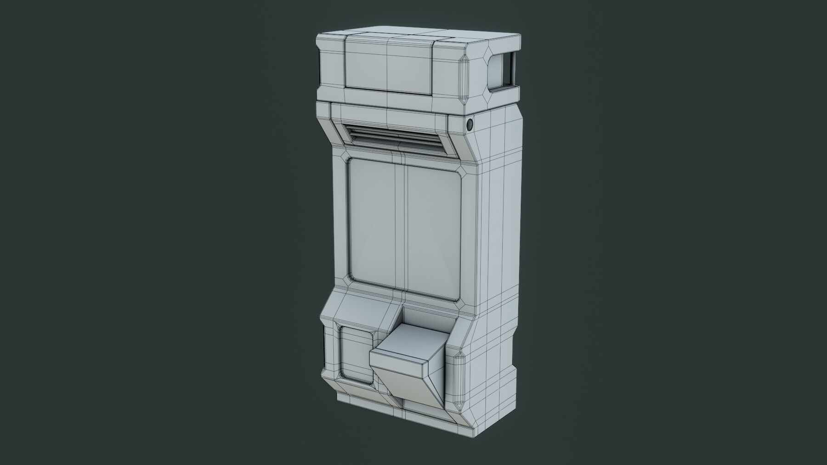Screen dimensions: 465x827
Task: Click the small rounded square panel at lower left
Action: [x=355, y=347]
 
